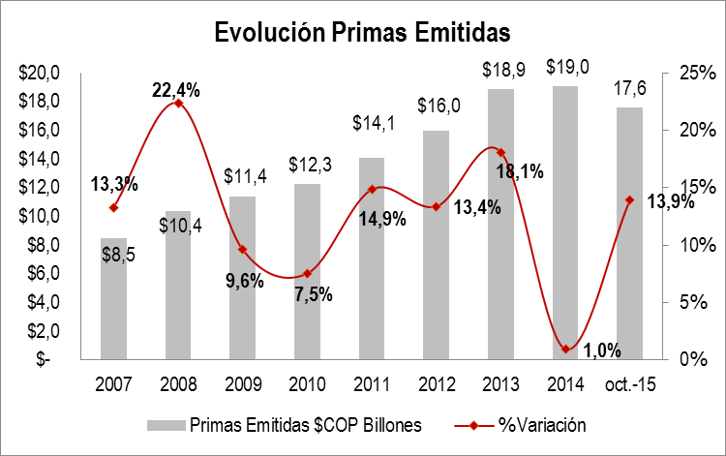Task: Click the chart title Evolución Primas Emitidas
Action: coord(361,33)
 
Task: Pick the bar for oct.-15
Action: coord(629,232)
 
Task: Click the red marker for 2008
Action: coord(178,103)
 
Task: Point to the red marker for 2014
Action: coord(565,349)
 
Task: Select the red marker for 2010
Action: coord(307,274)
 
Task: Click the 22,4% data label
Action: coord(176,90)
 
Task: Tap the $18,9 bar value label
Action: coord(500,71)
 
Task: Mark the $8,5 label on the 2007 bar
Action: coord(118,254)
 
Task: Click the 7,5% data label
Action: coord(312,293)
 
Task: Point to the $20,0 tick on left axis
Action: coord(41,74)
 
